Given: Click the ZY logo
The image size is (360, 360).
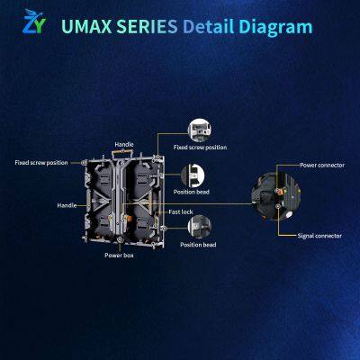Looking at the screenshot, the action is click(34, 22).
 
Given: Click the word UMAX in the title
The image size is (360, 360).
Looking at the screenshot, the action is click(86, 27).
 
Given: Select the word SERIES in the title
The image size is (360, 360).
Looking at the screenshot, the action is click(147, 27).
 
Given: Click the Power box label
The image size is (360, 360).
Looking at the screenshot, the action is click(119, 256).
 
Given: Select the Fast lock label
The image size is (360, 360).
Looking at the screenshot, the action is click(181, 211).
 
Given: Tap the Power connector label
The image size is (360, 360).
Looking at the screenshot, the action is click(322, 165).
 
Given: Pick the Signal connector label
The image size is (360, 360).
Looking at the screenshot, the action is click(319, 236).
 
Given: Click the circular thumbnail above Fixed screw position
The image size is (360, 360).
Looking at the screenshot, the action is click(200, 130).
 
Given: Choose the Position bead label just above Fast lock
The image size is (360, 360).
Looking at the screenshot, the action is click(192, 192).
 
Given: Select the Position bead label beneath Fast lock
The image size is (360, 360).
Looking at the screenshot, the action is click(198, 245).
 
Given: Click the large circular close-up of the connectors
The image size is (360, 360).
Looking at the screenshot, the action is click(276, 196).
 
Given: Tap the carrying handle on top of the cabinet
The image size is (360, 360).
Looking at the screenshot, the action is click(122, 152).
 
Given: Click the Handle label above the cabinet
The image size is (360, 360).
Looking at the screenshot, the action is click(124, 145).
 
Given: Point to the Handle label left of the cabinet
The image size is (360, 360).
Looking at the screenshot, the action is click(67, 205).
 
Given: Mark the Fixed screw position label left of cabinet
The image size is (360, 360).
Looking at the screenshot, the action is click(41, 163).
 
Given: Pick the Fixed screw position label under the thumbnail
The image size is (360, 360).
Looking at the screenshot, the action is click(200, 148).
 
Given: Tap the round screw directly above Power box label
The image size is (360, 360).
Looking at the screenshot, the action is click(120, 239).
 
